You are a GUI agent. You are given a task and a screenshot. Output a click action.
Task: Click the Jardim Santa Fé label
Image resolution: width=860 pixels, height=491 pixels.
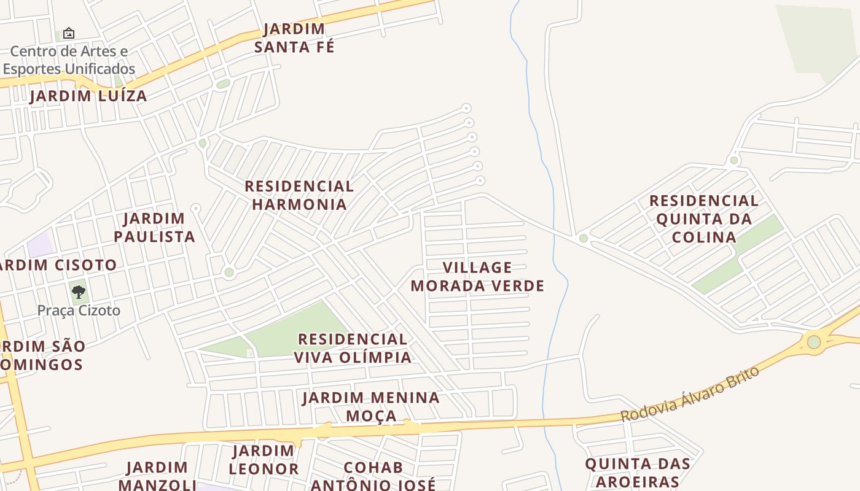pyautogui.click(x=294, y=38)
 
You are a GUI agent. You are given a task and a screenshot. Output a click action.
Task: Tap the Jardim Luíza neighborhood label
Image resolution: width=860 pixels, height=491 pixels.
pyautogui.click(x=88, y=96)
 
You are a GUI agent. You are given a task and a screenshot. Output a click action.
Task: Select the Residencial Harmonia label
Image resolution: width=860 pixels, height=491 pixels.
pyautogui.click(x=299, y=195)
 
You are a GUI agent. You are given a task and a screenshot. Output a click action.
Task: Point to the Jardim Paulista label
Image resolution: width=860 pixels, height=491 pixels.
pyautogui.click(x=154, y=228)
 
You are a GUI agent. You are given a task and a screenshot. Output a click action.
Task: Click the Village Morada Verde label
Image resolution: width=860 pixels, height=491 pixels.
pyautogui.click(x=477, y=277)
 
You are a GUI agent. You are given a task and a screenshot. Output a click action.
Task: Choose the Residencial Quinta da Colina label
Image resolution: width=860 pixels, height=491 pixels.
pyautogui.click(x=704, y=219)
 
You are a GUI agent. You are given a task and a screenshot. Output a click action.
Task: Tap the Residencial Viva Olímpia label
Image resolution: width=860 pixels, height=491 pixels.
pyautogui.click(x=353, y=348)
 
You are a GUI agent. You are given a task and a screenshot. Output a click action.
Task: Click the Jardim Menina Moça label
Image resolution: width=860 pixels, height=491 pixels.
pyautogui.click(x=371, y=406)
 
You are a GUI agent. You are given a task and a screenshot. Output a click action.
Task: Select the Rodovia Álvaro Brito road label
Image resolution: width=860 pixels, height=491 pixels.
pyautogui.click(x=690, y=395)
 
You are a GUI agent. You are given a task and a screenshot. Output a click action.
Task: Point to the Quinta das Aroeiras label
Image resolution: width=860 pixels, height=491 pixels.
pyautogui.click(x=638, y=473)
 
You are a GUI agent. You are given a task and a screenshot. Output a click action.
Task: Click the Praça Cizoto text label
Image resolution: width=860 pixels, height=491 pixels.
pyautogui.click(x=79, y=311)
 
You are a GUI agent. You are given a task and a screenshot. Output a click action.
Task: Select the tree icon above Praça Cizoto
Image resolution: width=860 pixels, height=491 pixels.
pyautogui.click(x=78, y=292)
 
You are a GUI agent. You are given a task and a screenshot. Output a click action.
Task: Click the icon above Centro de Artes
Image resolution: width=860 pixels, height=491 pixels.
pyautogui.click(x=69, y=33)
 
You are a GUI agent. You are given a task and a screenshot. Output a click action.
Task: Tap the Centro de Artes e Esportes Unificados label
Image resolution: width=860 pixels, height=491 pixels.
pyautogui.click(x=69, y=60)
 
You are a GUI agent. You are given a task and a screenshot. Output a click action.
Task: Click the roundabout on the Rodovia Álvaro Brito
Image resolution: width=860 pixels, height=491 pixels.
pyautogui.click(x=814, y=342)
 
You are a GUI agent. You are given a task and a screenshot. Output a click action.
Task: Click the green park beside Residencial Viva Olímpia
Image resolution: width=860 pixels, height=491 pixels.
pyautogui.click(x=289, y=331)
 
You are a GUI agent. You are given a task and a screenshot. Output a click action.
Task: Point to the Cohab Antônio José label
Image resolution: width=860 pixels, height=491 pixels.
pyautogui.click(x=373, y=476)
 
